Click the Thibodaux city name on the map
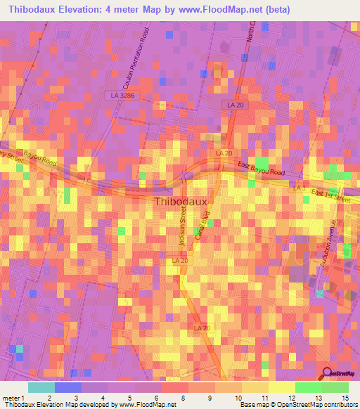coord(179,202)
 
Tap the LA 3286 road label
coord(122,94)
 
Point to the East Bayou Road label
coord(260,169)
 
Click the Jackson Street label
coord(184,231)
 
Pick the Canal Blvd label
coord(206,229)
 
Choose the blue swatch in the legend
coord(68,387)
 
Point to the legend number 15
coord(345,398)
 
